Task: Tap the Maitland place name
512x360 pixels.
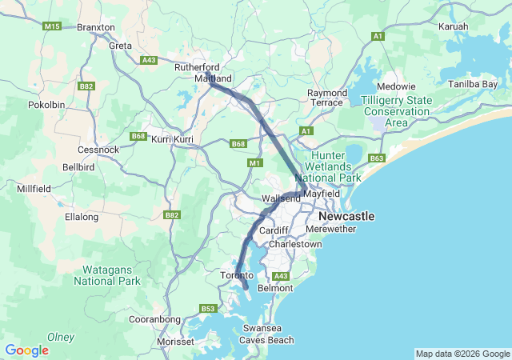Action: [x=214, y=79]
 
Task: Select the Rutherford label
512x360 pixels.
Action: [x=197, y=67]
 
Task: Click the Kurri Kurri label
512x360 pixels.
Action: [x=173, y=139]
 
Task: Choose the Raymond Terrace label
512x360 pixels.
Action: [x=327, y=98]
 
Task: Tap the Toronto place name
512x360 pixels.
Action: [x=237, y=275]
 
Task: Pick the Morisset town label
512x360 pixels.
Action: [x=175, y=342]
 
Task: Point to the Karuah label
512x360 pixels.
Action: [x=454, y=26]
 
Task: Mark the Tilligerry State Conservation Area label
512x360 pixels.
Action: [x=397, y=111]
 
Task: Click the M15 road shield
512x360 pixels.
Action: [x=52, y=26]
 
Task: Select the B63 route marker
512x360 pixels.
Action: [x=378, y=158]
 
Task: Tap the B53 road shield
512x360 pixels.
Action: [x=208, y=308]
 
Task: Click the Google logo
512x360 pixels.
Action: [x=26, y=350]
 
